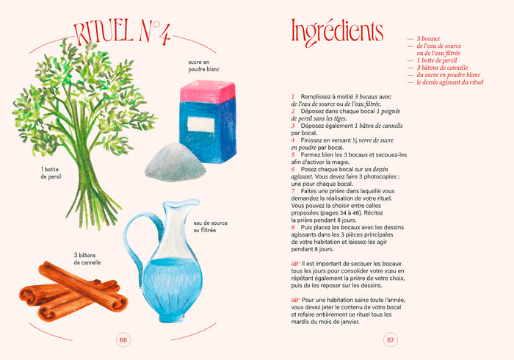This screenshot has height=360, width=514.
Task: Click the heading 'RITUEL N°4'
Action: point(122,33)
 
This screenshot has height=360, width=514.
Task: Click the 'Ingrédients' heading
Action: point(337,32)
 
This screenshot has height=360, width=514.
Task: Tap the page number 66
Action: point(123,340)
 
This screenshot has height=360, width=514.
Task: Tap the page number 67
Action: point(391,340)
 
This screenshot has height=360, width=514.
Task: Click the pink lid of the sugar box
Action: point(208,91)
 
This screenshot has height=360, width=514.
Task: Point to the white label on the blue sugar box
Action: point(201,125)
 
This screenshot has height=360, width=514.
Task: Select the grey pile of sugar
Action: point(175,162)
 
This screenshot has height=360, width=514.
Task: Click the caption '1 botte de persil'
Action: point(51,173)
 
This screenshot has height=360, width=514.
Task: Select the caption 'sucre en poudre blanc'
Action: point(203,65)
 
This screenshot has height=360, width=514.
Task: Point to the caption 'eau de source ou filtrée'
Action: point(210,226)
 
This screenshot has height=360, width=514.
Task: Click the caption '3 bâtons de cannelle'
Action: point(87,259)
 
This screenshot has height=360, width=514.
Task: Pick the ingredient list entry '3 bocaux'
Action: point(428,39)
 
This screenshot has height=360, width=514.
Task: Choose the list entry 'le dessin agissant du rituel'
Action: point(449,82)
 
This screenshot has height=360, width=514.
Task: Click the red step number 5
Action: point(293,155)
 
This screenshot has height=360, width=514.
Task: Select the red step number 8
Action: point(293,227)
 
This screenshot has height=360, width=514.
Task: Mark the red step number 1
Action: point(293,97)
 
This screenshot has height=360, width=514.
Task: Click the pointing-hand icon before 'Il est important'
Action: point(295,264)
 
